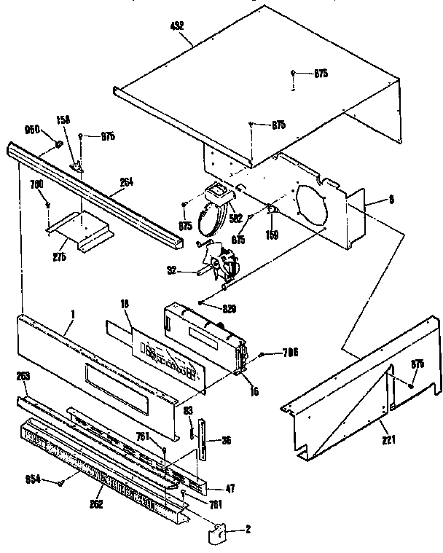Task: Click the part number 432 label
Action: pyautogui.click(x=176, y=26)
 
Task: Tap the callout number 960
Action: pyautogui.click(x=33, y=130)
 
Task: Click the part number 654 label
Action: pyautogui.click(x=34, y=479)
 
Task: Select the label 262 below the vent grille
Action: pyautogui.click(x=96, y=503)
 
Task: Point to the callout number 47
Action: pyautogui.click(x=230, y=490)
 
